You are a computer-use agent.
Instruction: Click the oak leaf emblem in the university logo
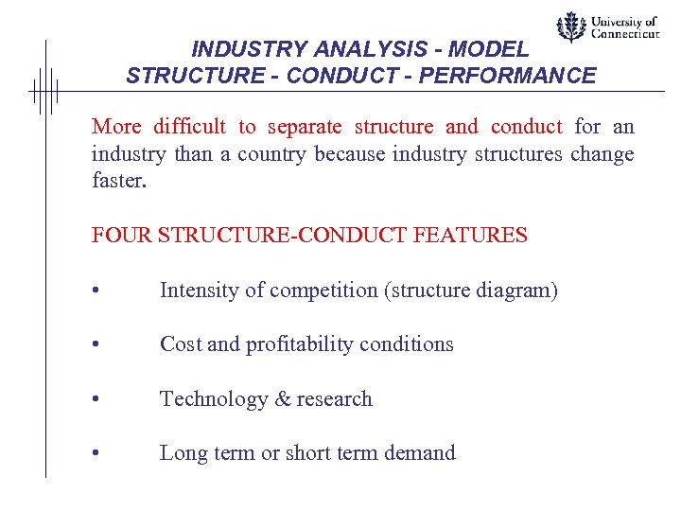[x=570, y=27]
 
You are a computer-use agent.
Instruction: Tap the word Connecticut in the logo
[x=625, y=33]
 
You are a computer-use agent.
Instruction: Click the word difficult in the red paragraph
[x=186, y=127]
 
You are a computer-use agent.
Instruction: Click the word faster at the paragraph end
[x=119, y=181]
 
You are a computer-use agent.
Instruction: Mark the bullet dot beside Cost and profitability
[x=96, y=345]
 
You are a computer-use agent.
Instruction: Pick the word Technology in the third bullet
[x=214, y=399]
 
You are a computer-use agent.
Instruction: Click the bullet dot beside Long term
[x=96, y=454]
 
